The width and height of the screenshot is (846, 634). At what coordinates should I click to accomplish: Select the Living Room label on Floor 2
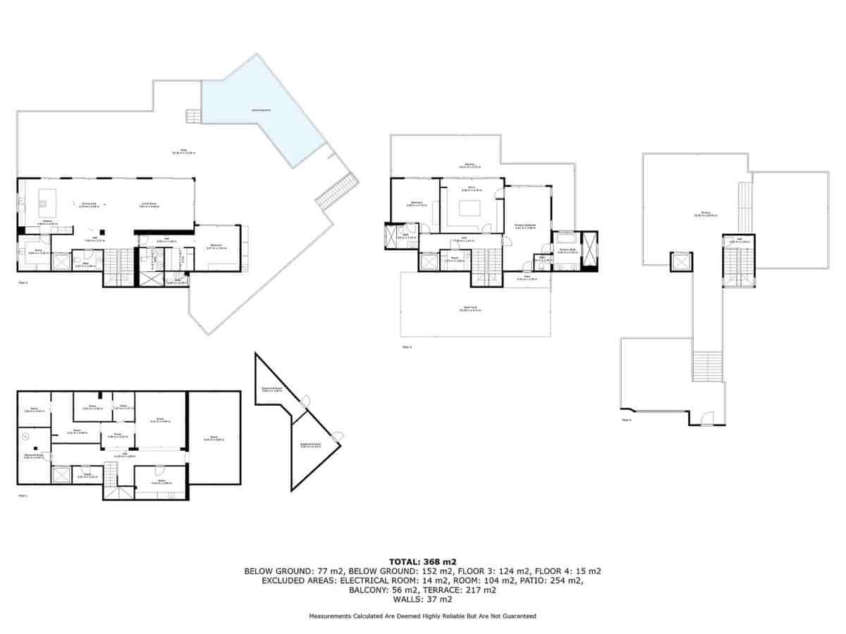point(149,206)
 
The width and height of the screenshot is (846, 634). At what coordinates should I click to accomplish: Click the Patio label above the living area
point(183,151)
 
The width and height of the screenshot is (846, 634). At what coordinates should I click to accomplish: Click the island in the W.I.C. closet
point(470,207)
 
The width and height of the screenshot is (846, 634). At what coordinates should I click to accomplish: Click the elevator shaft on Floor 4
point(680,262)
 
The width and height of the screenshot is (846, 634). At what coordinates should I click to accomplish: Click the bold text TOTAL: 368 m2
point(422,561)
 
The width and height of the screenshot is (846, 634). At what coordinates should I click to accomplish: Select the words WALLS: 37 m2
point(422,599)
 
